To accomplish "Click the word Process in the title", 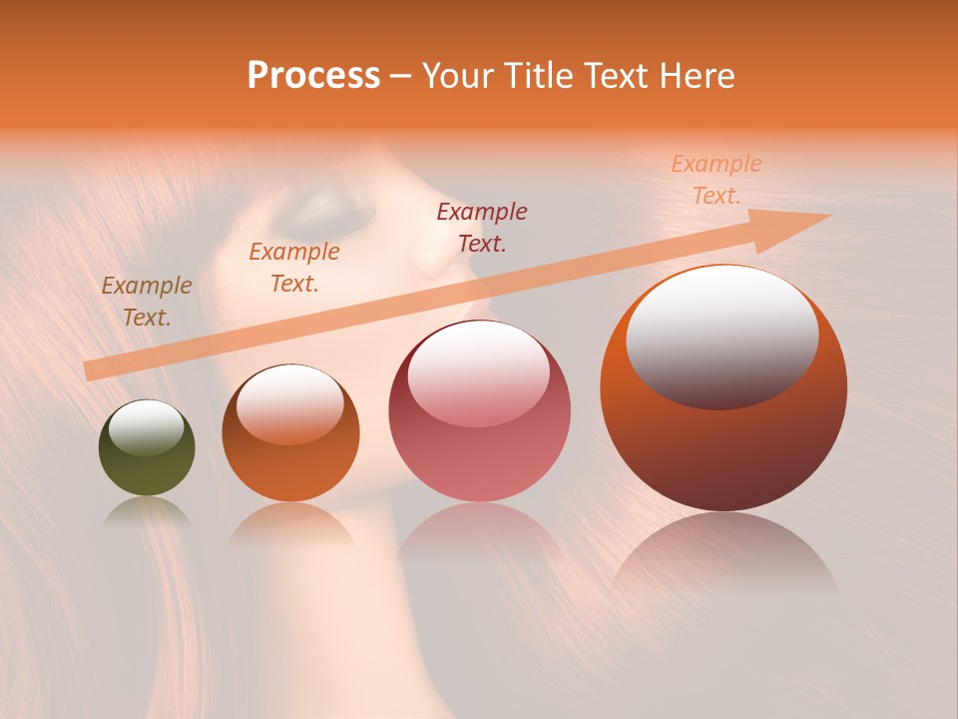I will [313, 75].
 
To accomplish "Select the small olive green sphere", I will [147, 448].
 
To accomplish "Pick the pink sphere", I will [479, 411].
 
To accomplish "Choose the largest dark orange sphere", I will [723, 389].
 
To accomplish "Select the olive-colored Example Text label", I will [147, 302].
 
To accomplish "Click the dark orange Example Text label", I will [293, 268].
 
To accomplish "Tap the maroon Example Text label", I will [482, 227].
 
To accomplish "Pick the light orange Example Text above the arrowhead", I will [716, 180].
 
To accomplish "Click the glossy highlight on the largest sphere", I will [721, 335].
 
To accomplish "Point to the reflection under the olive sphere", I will [147, 511].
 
